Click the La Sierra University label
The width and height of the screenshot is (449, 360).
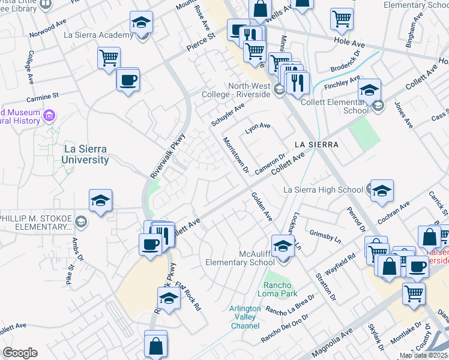point(86,154)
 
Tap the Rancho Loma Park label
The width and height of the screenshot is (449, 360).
point(277,289)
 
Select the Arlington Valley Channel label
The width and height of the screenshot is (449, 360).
point(246,317)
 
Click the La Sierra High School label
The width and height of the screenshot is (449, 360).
point(322,190)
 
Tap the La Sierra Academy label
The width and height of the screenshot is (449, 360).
point(98,35)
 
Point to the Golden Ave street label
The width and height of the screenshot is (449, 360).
point(262,205)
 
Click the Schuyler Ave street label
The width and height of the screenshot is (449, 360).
point(228,114)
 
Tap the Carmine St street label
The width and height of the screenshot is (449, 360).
point(44,95)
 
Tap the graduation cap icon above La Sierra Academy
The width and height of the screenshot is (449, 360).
point(141,23)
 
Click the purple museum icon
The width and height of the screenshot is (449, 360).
point(50,115)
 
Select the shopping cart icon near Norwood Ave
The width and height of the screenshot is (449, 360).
point(109,58)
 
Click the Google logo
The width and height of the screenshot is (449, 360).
point(20,353)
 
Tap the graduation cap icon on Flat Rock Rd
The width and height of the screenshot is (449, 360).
point(169,298)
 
